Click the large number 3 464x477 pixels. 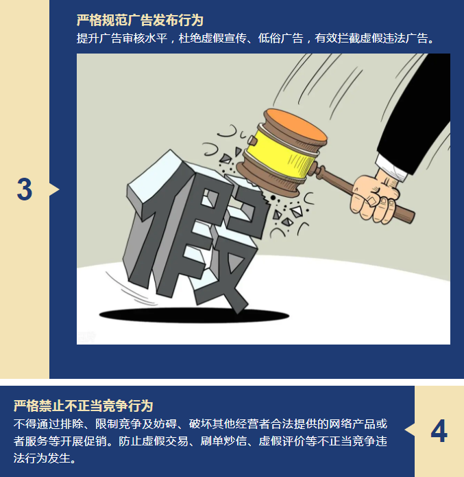click(x=25, y=189)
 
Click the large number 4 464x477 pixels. click(x=439, y=430)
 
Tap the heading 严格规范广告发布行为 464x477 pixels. click(x=140, y=21)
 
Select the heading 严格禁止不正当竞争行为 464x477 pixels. click(x=83, y=406)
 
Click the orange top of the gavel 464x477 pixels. click(x=296, y=126)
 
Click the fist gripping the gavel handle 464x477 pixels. click(x=374, y=198)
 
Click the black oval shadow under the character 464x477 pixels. click(x=194, y=315)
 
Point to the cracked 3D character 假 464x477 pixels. click(x=195, y=231)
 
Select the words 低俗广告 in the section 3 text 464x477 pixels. click(x=280, y=38)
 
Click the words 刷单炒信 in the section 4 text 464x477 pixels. click(x=223, y=441)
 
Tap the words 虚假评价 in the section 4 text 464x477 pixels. click(x=282, y=441)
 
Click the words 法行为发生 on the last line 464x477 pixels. click(x=42, y=458)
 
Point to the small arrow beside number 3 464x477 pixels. click(x=54, y=189)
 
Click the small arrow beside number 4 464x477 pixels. click(x=410, y=430)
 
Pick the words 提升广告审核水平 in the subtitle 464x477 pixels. click(x=122, y=38)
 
